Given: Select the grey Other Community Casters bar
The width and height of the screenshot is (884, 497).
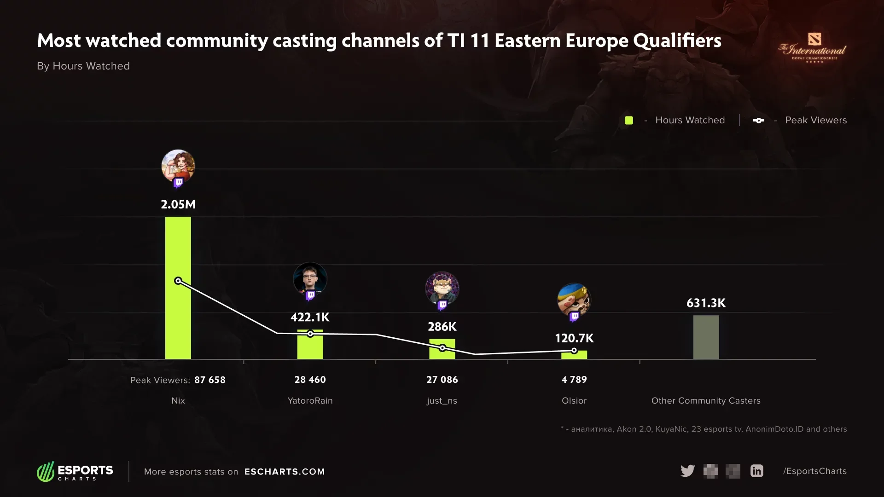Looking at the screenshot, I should point(706,337).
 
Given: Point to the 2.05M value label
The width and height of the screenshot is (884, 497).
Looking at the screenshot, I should point(178,204).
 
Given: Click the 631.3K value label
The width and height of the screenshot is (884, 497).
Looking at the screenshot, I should point(706,303).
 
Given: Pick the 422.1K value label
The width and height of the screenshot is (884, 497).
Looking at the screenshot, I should point(310,317).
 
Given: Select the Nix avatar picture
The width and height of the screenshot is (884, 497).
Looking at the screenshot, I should point(178,166).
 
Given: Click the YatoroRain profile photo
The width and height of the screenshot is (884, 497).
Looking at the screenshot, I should point(310,279).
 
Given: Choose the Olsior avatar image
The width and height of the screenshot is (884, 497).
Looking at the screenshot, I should point(574,300).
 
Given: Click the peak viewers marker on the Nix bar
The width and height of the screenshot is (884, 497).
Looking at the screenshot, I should point(178,281).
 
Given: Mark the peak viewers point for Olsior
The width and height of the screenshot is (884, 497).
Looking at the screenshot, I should point(574,351).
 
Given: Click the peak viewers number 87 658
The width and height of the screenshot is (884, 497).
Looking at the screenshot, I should point(210,380).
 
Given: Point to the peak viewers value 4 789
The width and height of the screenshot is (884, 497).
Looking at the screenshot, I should point(574,380).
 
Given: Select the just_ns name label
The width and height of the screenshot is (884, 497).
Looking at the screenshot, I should point(442,401).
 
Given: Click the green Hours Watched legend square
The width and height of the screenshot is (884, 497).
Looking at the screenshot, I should point(628,121).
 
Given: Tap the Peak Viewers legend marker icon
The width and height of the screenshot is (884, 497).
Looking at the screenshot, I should point(758,121).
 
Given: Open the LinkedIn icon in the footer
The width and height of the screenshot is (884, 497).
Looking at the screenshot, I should point(756,471).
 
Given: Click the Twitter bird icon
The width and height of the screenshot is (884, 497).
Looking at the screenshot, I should point(687,471).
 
